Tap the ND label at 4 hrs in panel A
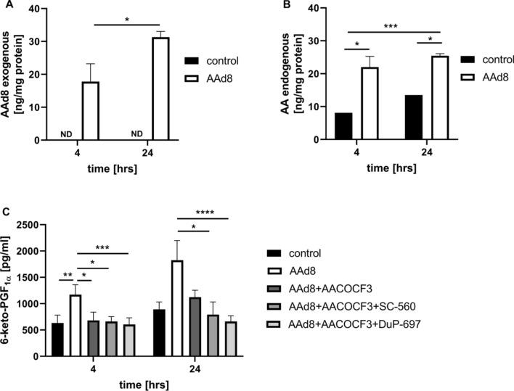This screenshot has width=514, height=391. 70,133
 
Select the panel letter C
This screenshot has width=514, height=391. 6,213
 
